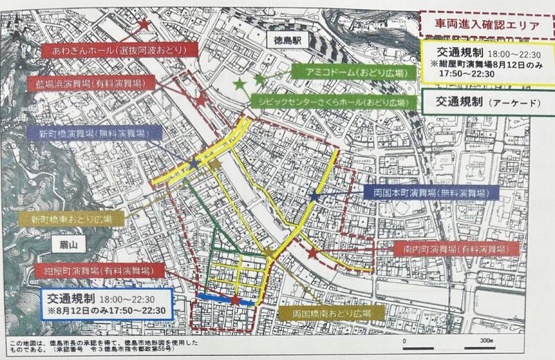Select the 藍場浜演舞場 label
tap(95, 83)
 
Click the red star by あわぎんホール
tap(144, 25)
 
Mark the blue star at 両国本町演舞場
tap(314, 198)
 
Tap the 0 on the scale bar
tap(404, 342)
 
